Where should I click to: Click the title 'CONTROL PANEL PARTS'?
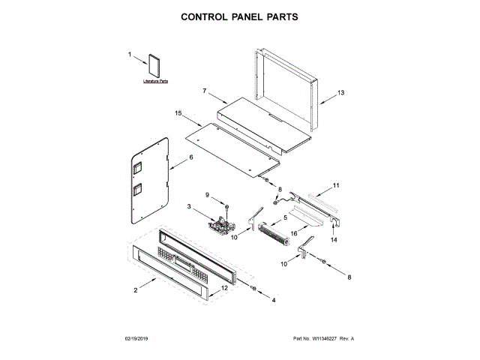click(239, 16)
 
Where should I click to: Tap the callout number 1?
click(129, 55)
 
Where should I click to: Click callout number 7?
click(204, 91)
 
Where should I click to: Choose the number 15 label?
click(178, 113)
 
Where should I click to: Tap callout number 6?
click(190, 157)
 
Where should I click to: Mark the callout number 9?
click(209, 195)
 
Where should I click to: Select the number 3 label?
click(189, 206)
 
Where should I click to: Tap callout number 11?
click(336, 184)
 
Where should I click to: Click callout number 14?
click(334, 239)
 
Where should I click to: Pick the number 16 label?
click(294, 233)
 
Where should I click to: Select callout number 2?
click(135, 289)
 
